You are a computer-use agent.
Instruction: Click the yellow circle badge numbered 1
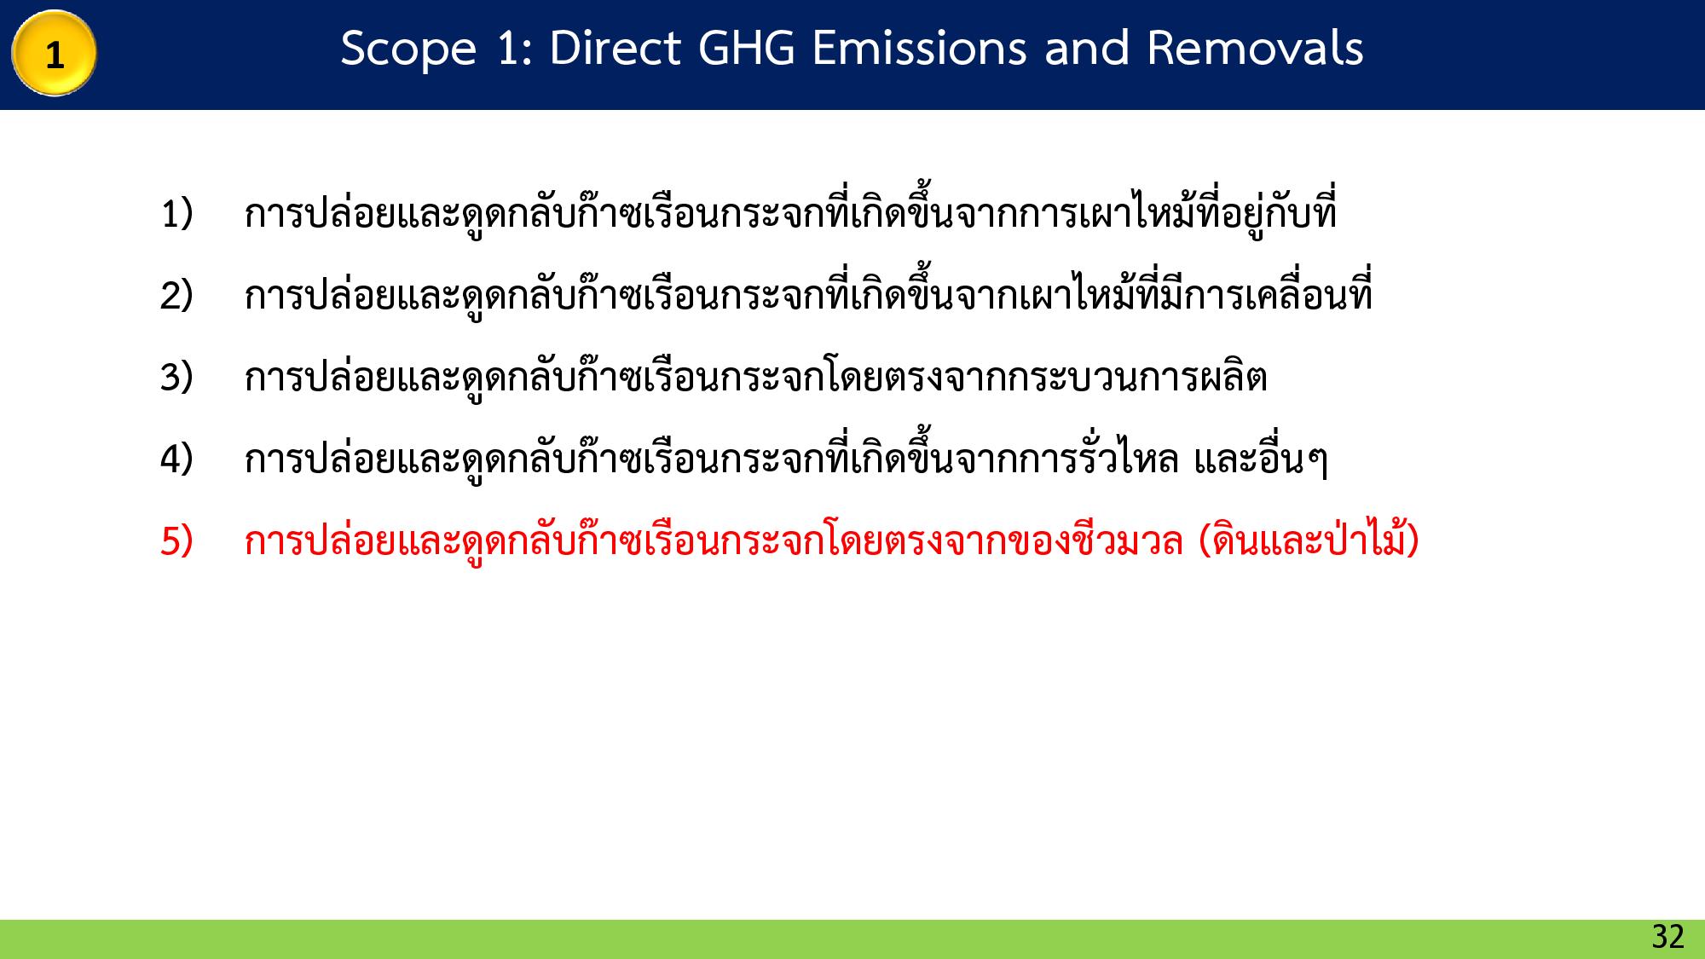point(54,54)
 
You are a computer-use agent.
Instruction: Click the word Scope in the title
point(407,49)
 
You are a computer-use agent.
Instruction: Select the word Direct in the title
point(614,48)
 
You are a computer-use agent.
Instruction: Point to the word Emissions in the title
point(919,48)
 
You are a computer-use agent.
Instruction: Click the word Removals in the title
point(1255,48)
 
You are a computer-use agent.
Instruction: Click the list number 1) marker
point(176,213)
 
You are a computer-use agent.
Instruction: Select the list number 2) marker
point(176,295)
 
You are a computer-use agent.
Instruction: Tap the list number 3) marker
point(176,377)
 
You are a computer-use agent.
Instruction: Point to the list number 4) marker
point(176,459)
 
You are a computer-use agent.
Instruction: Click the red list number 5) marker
point(176,540)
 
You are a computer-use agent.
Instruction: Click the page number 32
point(1667,937)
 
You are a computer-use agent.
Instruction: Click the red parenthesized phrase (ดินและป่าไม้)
point(1309,540)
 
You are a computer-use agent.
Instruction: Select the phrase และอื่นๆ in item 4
point(1261,460)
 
